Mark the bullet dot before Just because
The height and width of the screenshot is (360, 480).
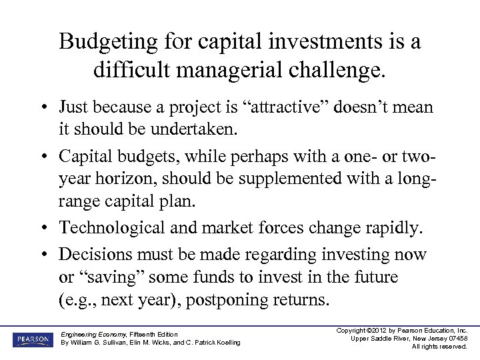coord(42,107)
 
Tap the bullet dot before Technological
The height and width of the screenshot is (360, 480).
coord(42,228)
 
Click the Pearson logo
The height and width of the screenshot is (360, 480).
coord(31,339)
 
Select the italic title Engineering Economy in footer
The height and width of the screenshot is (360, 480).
coord(91,334)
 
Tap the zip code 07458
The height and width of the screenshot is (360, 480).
coord(457,338)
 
